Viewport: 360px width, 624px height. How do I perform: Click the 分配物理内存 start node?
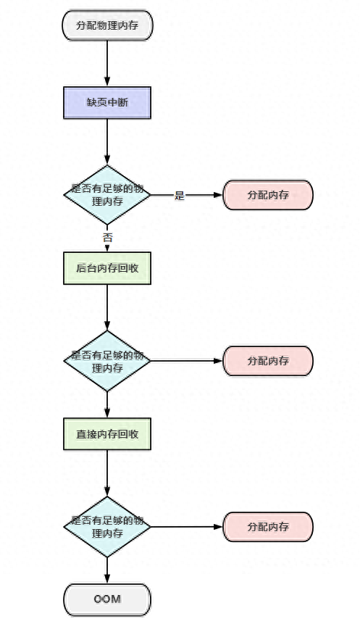[x=107, y=25]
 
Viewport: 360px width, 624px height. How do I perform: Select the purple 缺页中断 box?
[x=107, y=103]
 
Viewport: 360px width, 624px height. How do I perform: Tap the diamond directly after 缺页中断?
[x=107, y=195]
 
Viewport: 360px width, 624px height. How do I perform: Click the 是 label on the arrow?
[x=180, y=196]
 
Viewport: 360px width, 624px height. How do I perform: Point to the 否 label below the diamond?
[x=107, y=238]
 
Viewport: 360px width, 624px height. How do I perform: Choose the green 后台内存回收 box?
[x=107, y=268]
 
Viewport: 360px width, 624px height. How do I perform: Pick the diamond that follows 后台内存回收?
[x=107, y=361]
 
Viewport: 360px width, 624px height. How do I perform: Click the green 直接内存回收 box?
[x=107, y=434]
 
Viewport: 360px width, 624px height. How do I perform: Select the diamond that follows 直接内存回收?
[x=107, y=527]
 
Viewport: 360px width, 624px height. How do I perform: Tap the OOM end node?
[x=107, y=599]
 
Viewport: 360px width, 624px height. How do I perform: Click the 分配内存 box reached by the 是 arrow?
[x=268, y=195]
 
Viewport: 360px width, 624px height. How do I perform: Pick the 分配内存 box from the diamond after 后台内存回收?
[x=268, y=361]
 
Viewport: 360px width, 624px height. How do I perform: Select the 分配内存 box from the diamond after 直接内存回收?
[x=268, y=527]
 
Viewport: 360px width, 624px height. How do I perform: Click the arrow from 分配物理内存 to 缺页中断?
[x=107, y=63]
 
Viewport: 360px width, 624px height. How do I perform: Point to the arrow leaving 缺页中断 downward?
[x=107, y=142]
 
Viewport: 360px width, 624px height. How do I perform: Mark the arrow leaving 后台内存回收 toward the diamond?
[x=107, y=307]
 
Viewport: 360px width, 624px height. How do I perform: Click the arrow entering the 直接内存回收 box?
[x=107, y=404]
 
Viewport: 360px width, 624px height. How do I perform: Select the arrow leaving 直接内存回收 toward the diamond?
[x=107, y=473]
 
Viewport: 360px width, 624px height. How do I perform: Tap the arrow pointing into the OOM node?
[x=107, y=570]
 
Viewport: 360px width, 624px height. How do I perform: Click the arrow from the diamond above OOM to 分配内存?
[x=187, y=527]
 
